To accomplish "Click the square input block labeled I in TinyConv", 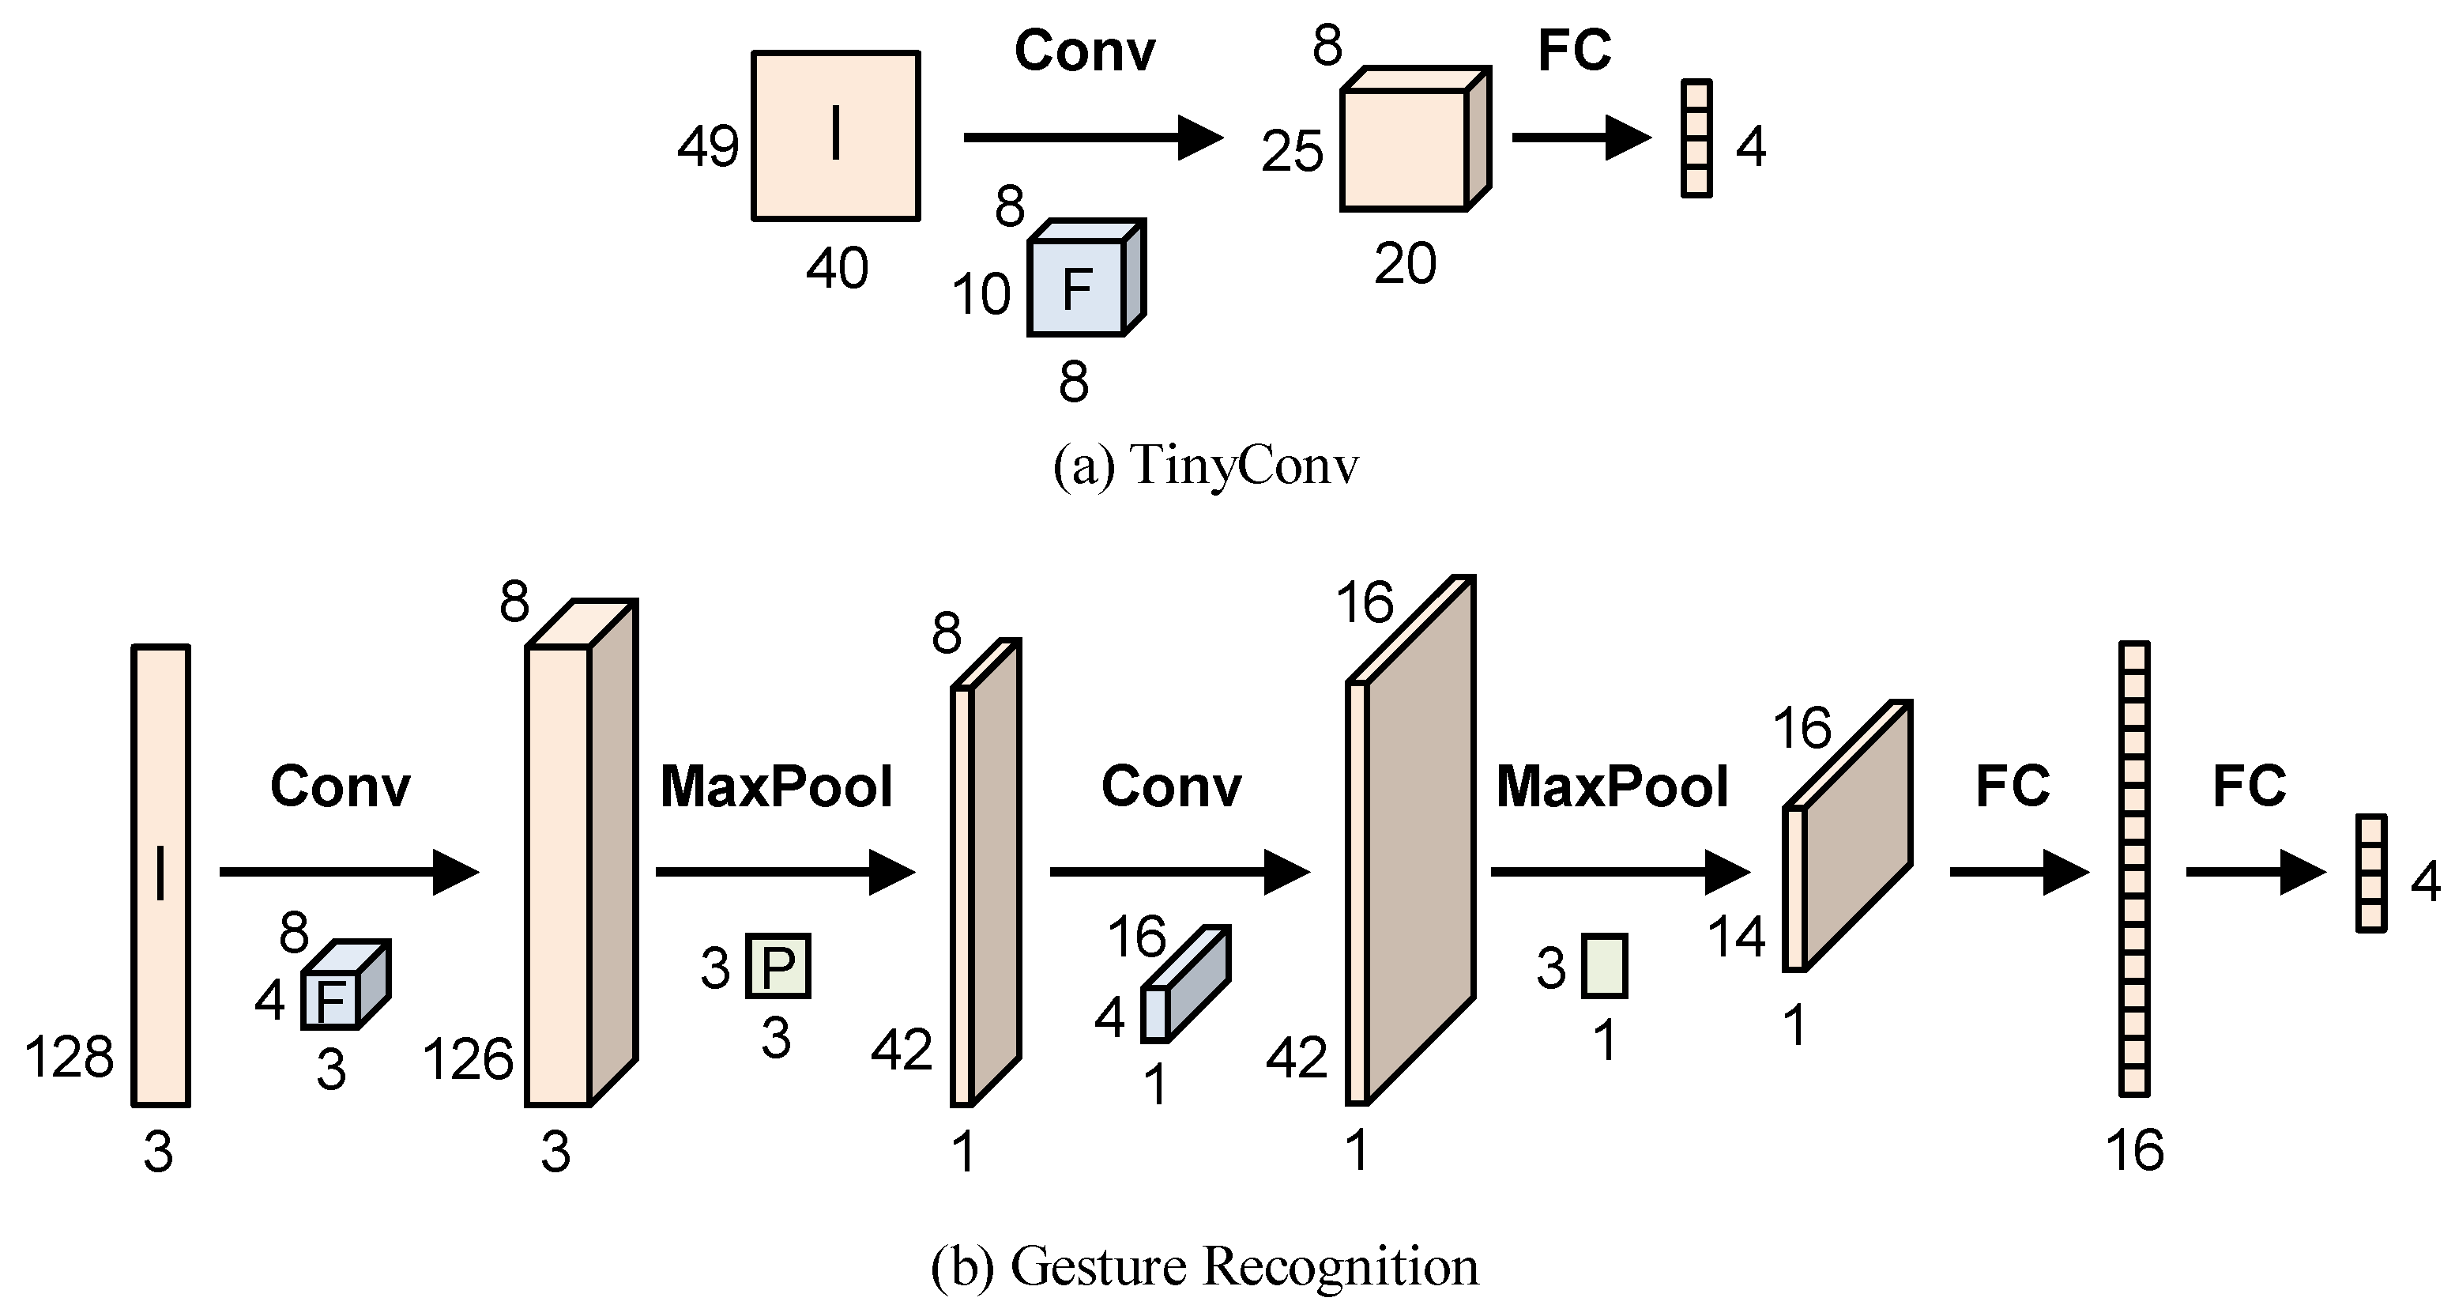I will point(835,135).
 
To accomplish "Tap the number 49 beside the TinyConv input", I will point(707,148).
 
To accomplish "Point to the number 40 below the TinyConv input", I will point(837,268).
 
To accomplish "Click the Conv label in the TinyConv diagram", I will point(1085,51).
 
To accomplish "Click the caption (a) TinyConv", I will point(1205,467).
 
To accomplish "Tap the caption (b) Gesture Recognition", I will point(1205,1266).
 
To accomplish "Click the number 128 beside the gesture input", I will point(69,1058).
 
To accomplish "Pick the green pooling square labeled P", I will point(778,966).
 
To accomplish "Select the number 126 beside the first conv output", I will point(467,1059).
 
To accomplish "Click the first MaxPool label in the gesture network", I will point(776,787).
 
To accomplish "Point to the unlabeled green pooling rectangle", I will point(1604,966).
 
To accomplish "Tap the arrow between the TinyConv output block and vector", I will point(1580,138).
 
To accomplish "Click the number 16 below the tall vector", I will point(2134,1151).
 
